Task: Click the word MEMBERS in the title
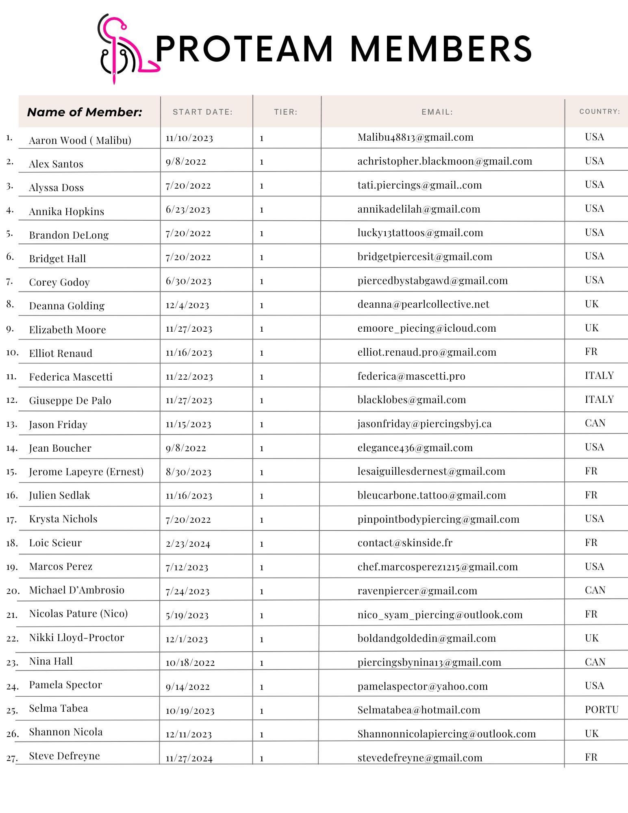[x=441, y=49]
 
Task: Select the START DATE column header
[x=202, y=112]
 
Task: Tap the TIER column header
[x=286, y=112]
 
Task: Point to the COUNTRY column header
[x=600, y=111]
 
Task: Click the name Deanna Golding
[x=67, y=306]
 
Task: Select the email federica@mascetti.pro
[x=411, y=376]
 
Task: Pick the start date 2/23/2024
[x=188, y=544]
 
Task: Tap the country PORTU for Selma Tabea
[x=602, y=709]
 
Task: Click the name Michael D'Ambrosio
[x=76, y=590]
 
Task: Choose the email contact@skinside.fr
[x=405, y=543]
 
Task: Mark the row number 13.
[x=11, y=424]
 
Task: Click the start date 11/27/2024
[x=189, y=759]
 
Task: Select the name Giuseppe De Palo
[x=70, y=400]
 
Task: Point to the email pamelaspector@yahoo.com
[x=422, y=686]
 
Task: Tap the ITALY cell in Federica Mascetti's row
[x=599, y=375]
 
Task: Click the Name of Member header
[x=85, y=112]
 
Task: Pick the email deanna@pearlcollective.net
[x=423, y=304]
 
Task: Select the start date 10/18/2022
[x=190, y=663]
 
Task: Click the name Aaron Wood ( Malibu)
[x=80, y=140]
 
